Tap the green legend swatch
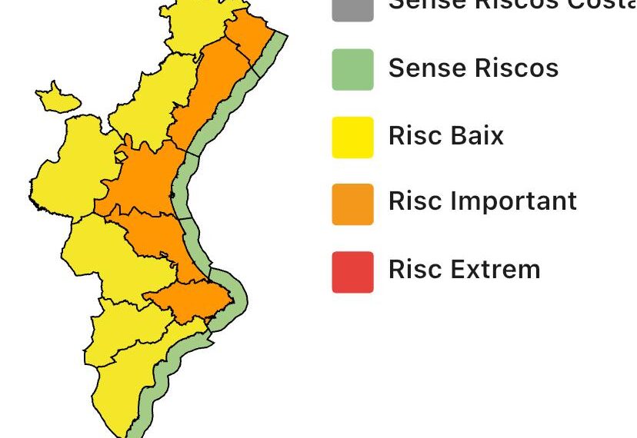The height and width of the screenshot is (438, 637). (x=353, y=69)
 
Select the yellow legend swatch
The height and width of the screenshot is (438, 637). (x=353, y=137)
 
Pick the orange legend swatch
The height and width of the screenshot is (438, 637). (x=353, y=204)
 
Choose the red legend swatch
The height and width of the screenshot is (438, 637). (x=353, y=271)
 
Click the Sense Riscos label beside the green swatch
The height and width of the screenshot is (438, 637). (x=473, y=68)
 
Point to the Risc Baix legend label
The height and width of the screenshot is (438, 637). (x=446, y=136)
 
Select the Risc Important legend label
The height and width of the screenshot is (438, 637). (x=482, y=201)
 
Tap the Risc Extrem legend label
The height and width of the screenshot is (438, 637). (x=464, y=270)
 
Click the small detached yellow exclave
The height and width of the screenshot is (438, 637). (x=58, y=98)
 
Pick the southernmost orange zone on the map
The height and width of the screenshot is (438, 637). (x=188, y=300)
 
